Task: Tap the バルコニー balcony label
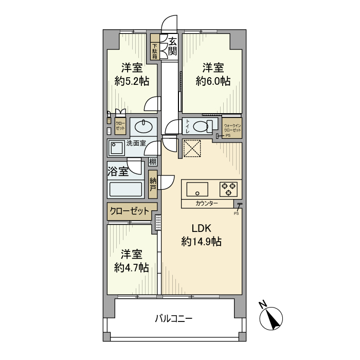[174, 319]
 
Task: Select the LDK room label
[202, 229]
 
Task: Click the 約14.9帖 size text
[202, 242]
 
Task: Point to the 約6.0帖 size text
[212, 81]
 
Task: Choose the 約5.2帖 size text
[132, 81]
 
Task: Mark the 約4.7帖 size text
[132, 267]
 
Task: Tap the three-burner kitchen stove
[228, 189]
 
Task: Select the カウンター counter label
[207, 204]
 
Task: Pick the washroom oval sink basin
[142, 126]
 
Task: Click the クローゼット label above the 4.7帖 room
[129, 211]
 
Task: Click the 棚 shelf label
[153, 161]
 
